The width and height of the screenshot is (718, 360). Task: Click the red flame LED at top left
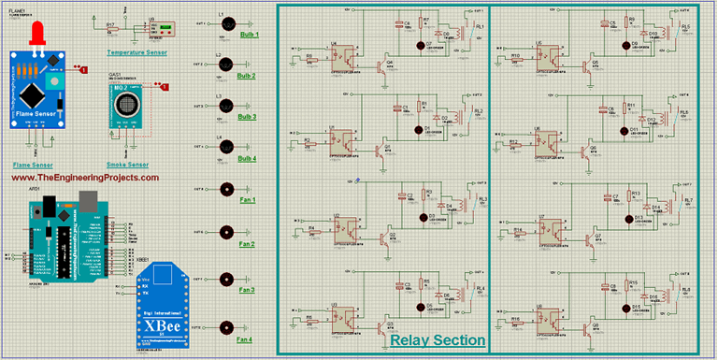38,34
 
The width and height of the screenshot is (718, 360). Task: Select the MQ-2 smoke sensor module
127,107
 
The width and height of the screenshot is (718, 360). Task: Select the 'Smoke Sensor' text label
128,164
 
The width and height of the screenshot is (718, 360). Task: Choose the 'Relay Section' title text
438,340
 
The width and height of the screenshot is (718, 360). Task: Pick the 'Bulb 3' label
247,117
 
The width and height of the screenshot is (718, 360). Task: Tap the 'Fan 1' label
246,200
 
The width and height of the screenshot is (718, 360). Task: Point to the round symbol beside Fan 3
225,279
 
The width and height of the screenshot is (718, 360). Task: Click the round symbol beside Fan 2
225,231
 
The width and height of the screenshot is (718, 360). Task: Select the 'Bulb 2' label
247,76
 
